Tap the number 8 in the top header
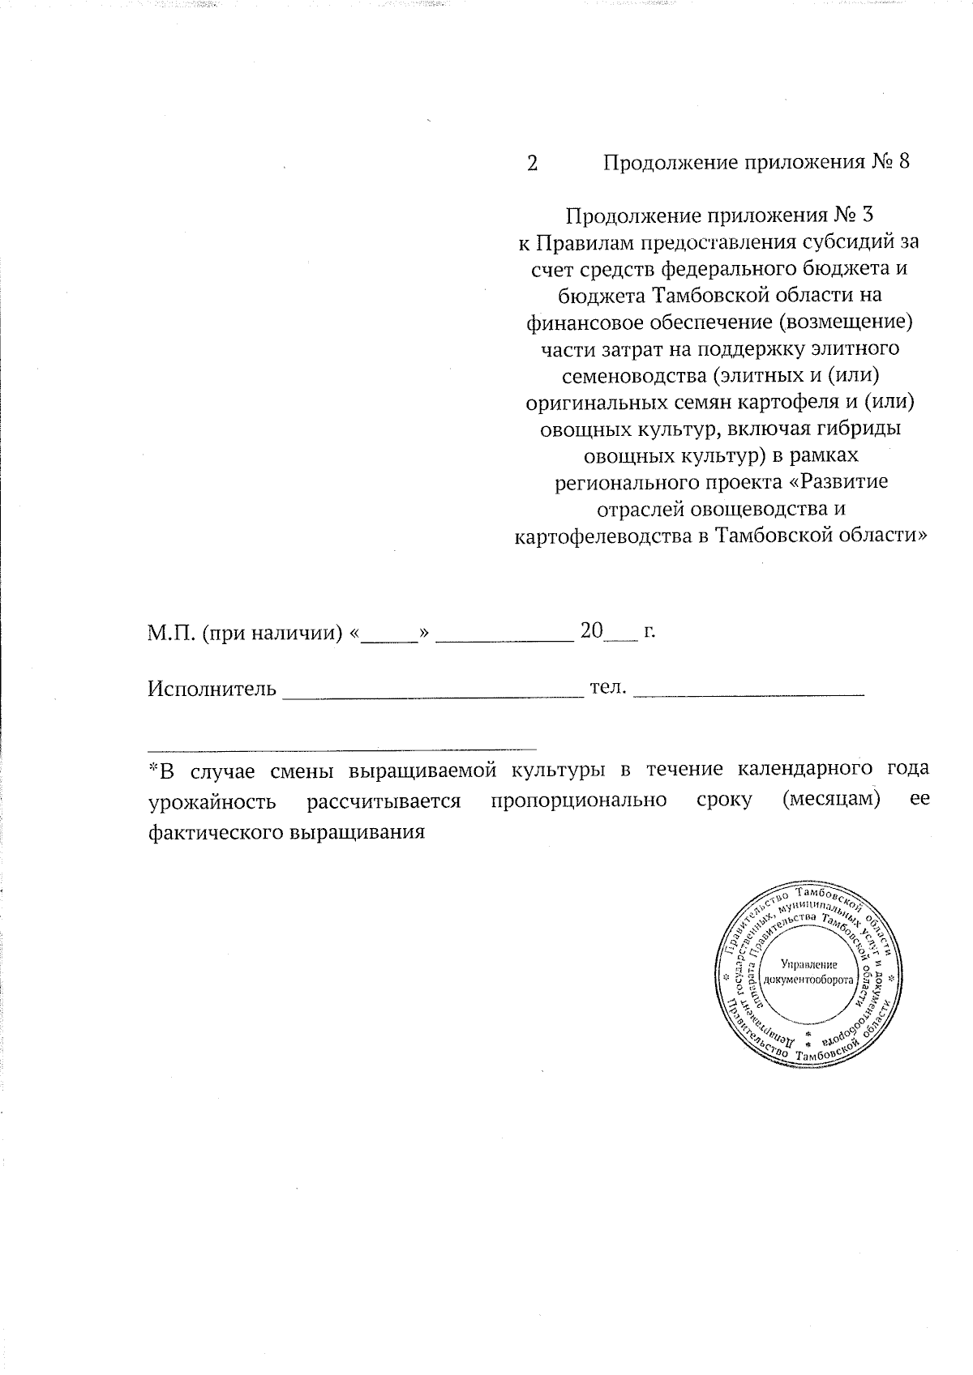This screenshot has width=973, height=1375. point(902,163)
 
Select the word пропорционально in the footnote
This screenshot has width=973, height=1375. point(579,801)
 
